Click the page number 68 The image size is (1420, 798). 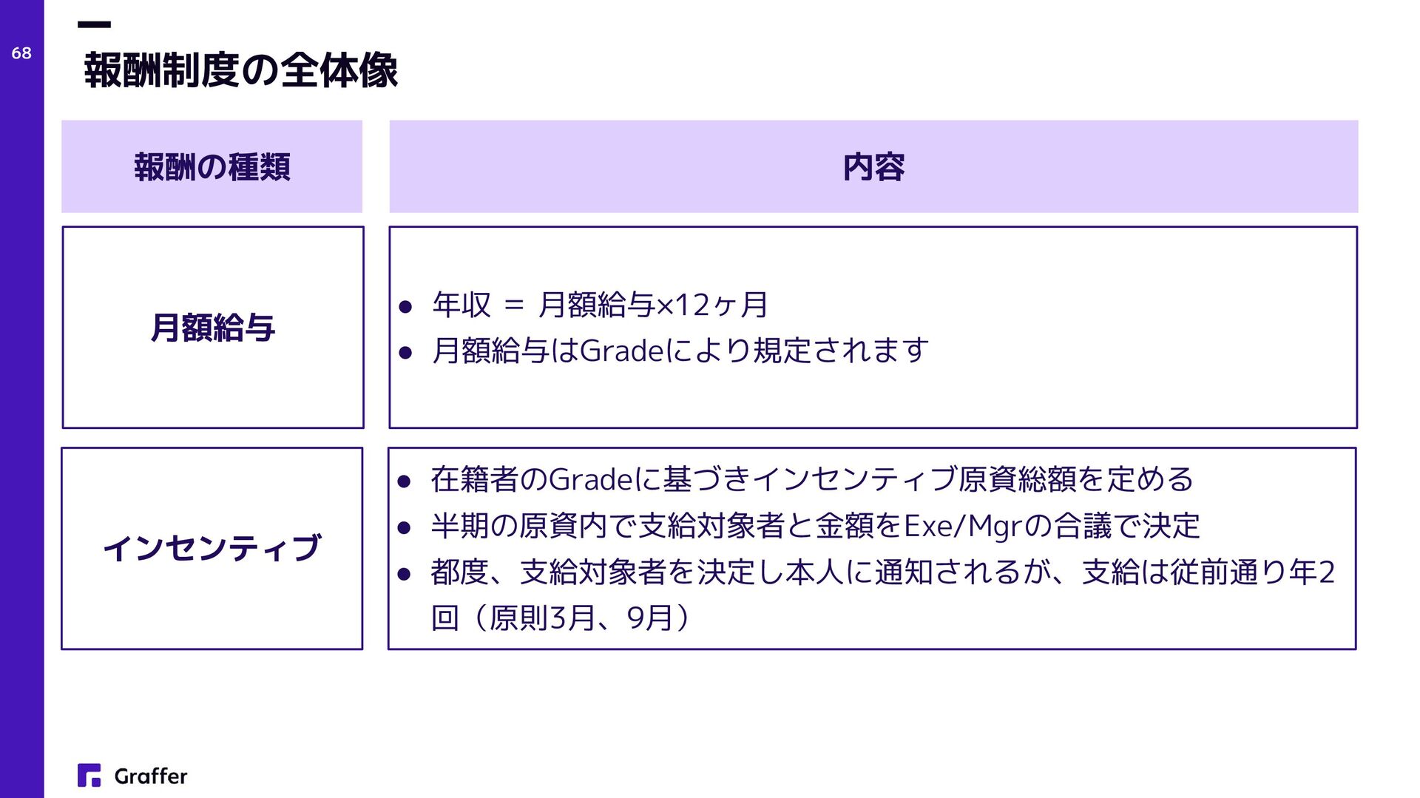coord(21,53)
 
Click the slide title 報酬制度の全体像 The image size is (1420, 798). coord(241,71)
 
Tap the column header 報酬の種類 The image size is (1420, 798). coord(212,167)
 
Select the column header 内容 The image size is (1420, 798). coord(873,167)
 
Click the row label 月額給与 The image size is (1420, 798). coord(213,328)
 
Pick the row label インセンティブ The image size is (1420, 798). coord(212,548)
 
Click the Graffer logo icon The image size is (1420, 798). coord(89,775)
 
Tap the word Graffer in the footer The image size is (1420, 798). coord(151,776)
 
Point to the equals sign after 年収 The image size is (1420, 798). coord(514,305)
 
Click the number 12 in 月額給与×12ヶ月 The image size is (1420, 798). coord(692,305)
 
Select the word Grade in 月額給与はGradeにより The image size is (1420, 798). coord(623,351)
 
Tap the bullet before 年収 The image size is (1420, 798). coord(405,307)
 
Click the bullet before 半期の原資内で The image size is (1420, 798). coord(404,528)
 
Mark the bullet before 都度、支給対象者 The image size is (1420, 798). coord(404,574)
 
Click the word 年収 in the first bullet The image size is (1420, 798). coord(461,305)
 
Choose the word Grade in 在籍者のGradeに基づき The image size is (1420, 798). coord(592,480)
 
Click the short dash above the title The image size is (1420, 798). coord(94,25)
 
